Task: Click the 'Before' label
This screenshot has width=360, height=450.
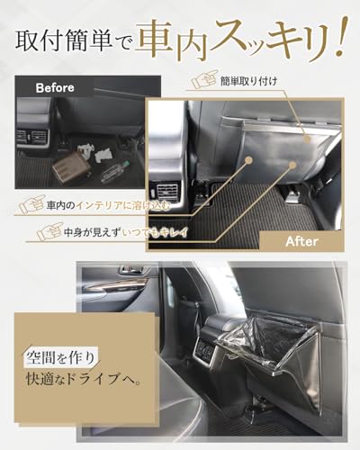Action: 55,88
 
